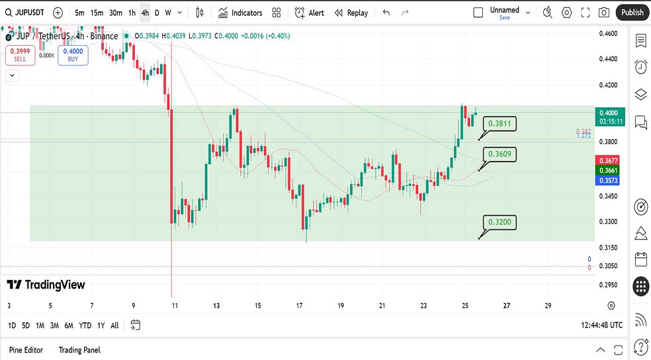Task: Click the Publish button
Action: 632,13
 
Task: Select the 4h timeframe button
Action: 145,13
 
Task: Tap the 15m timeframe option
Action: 97,13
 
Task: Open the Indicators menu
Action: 240,13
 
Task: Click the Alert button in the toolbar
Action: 309,13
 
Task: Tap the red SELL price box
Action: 20,55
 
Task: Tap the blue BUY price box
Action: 73,55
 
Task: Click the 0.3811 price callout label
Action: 499,124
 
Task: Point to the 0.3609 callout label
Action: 499,154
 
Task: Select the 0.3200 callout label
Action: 499,222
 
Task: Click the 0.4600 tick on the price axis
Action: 608,33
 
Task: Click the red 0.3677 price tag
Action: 608,161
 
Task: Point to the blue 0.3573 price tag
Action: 608,180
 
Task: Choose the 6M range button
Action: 68,325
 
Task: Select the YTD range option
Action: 85,325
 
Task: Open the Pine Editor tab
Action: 26,349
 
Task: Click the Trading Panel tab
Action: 79,349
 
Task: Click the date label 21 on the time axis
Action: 382,306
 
